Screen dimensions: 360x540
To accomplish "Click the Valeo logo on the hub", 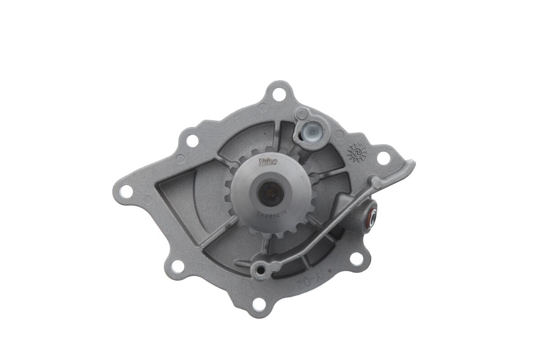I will [x=268, y=161].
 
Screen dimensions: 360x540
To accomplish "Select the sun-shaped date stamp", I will [x=357, y=153].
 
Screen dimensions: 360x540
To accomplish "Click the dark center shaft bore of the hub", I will [x=270, y=192].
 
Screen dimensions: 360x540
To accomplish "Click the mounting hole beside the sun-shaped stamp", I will [x=383, y=158].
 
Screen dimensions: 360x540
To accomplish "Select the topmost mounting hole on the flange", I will [x=279, y=95].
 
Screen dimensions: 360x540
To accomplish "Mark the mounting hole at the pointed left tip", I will [x=126, y=191].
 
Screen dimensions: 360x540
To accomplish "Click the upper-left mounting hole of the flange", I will [x=192, y=140].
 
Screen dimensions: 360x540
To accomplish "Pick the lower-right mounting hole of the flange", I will [x=356, y=259].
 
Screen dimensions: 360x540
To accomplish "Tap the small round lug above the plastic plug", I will [x=302, y=113].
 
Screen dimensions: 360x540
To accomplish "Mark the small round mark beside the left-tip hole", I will [x=147, y=200].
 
